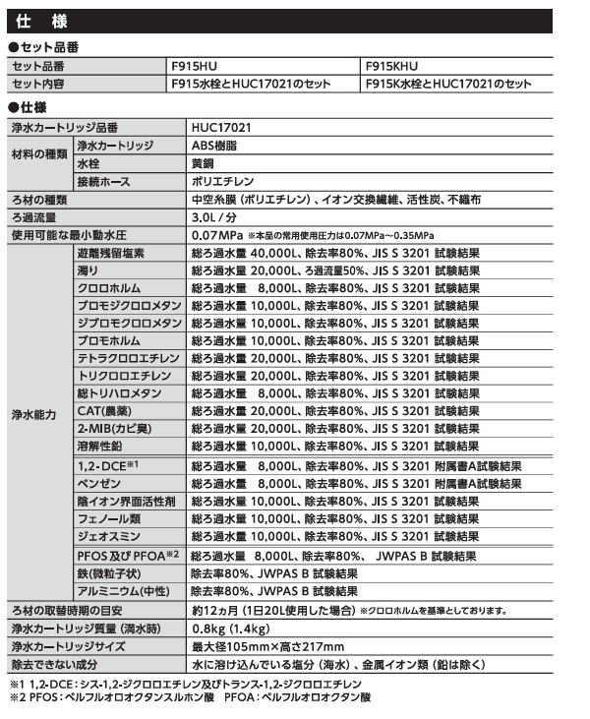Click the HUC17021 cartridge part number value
pyautogui.click(x=221, y=128)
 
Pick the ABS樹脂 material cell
pyautogui.click(x=214, y=146)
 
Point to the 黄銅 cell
pyautogui.click(x=204, y=163)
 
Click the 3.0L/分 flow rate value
pyautogui.click(x=213, y=217)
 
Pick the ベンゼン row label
pyautogui.click(x=97, y=484)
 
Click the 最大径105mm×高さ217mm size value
pyautogui.click(x=267, y=646)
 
